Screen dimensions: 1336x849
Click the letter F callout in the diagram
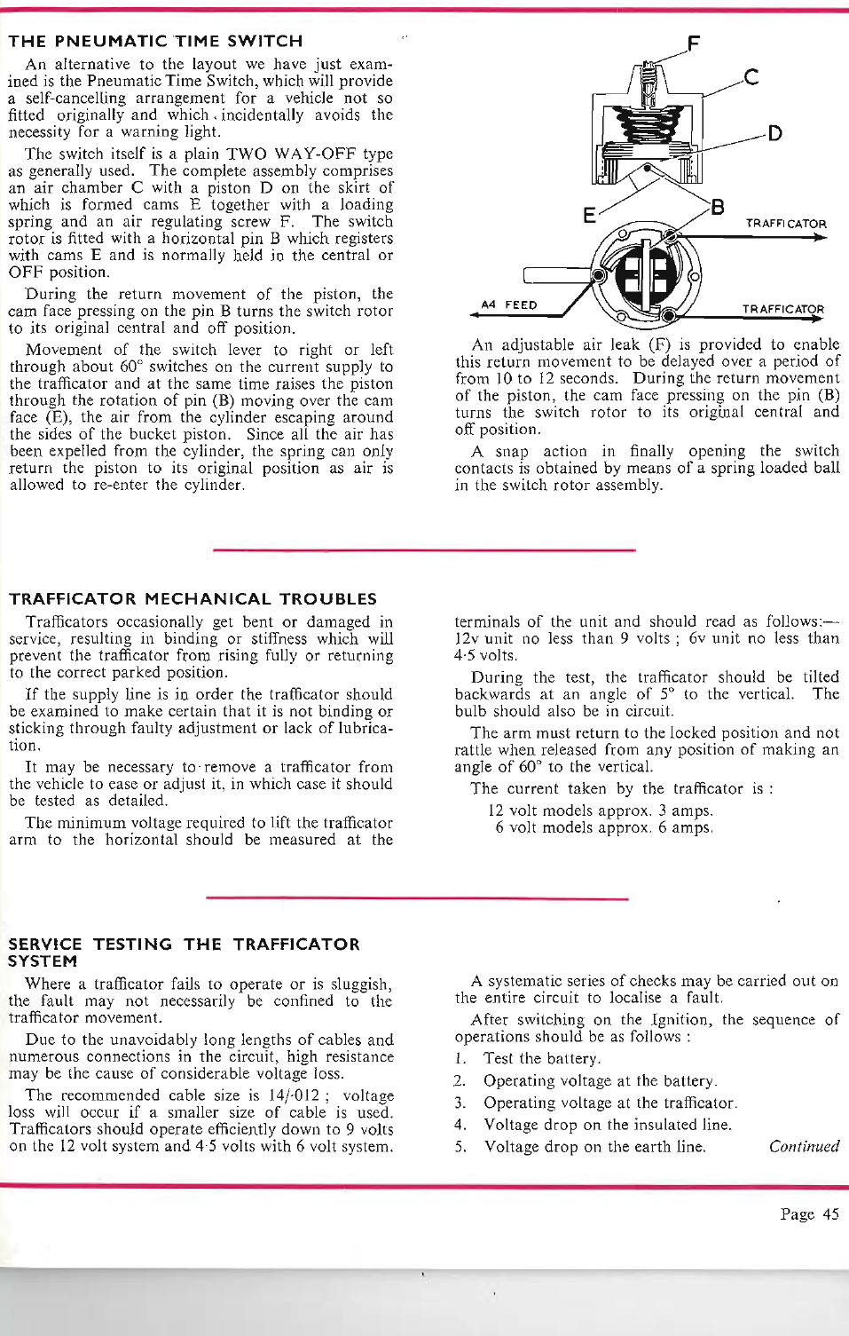(694, 43)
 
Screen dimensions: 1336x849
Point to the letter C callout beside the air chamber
(751, 77)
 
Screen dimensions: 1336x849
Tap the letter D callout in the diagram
(774, 134)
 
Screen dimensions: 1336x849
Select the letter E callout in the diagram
(589, 216)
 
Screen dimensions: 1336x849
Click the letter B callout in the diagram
(718, 208)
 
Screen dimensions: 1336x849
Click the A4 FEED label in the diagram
(509, 304)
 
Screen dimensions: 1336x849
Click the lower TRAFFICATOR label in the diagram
(783, 309)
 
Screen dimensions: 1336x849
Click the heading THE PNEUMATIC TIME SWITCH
(155, 41)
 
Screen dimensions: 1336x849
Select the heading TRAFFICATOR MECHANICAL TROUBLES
(193, 599)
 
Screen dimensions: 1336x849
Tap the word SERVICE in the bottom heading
(45, 945)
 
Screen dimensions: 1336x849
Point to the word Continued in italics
(804, 1146)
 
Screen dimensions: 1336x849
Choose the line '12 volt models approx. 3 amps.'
(601, 810)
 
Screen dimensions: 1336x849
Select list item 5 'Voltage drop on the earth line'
(594, 1146)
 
